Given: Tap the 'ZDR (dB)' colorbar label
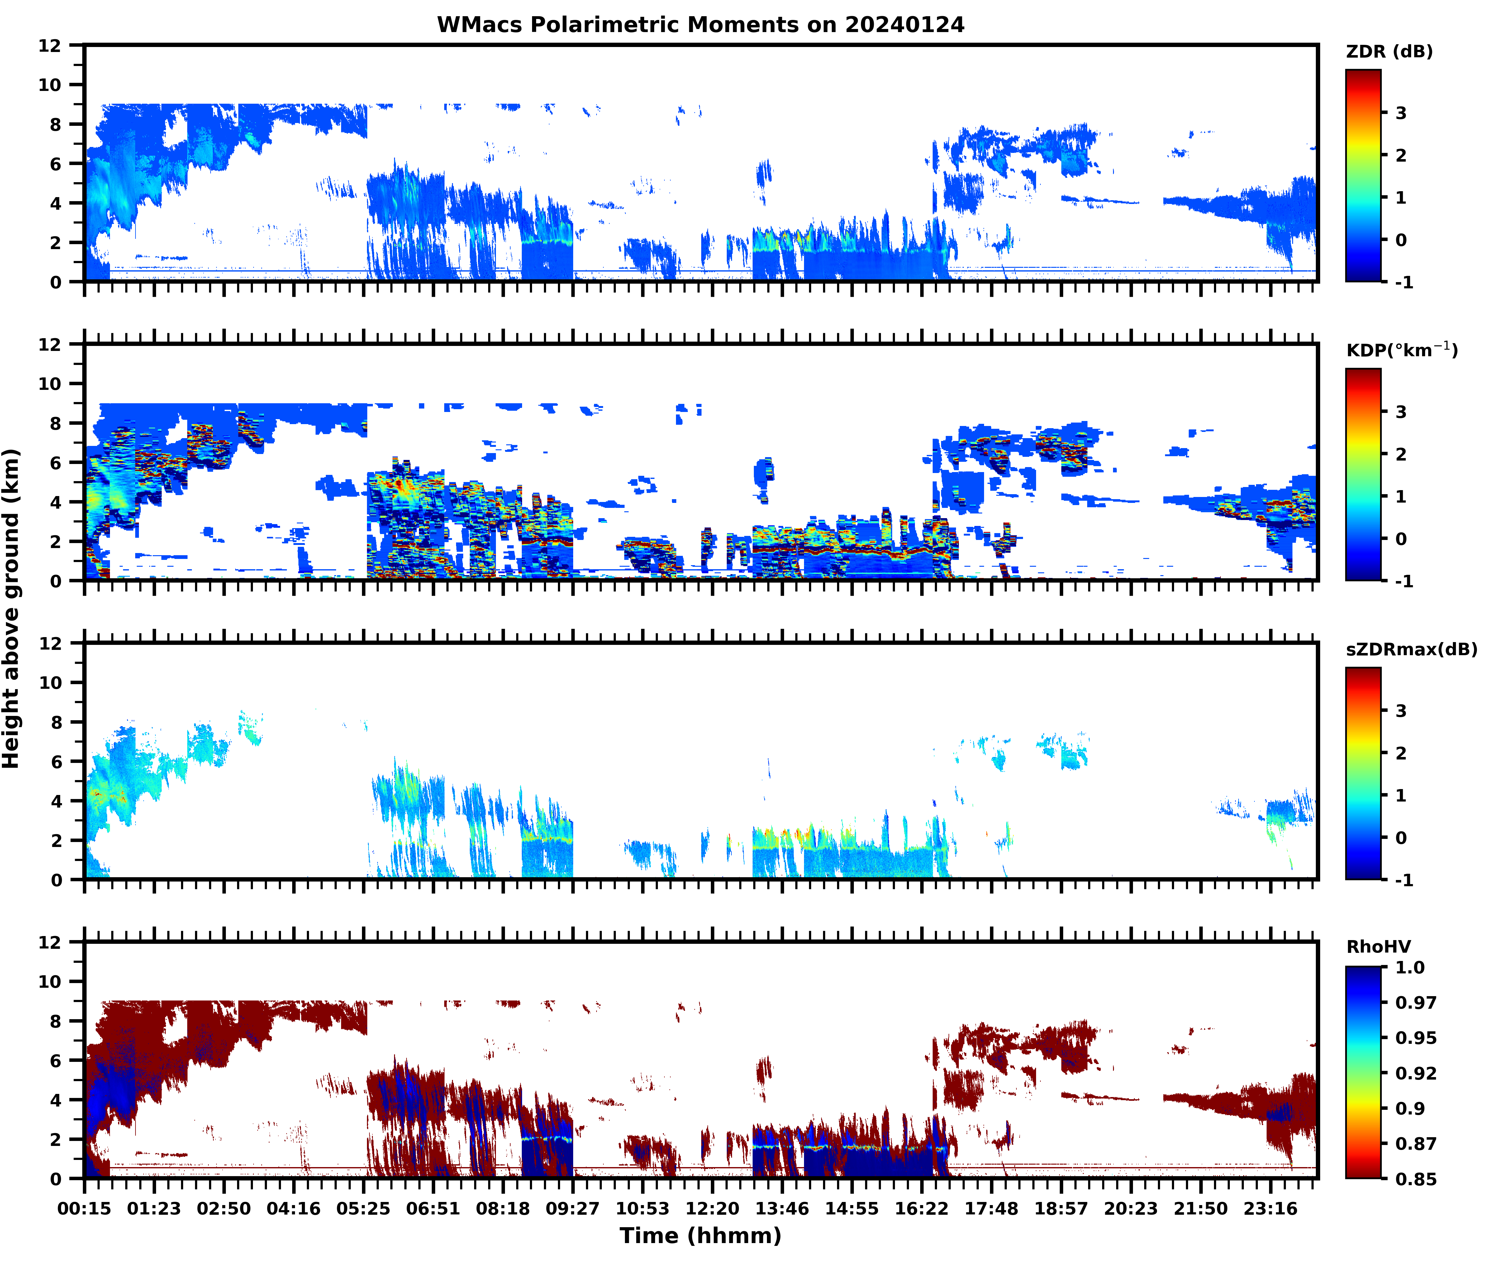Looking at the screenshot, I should click(x=1389, y=52).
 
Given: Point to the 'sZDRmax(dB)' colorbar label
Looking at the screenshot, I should click(x=1411, y=649).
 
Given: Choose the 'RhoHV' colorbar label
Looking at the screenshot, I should click(x=1378, y=947).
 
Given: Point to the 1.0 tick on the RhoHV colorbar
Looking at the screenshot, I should click(x=1410, y=967).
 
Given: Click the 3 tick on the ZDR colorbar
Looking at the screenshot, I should click(x=1401, y=113).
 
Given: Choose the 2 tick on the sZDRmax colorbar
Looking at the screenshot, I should click(x=1401, y=753).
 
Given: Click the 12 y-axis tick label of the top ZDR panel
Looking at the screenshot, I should click(x=50, y=46).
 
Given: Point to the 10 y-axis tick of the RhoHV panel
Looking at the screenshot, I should click(x=50, y=982).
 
